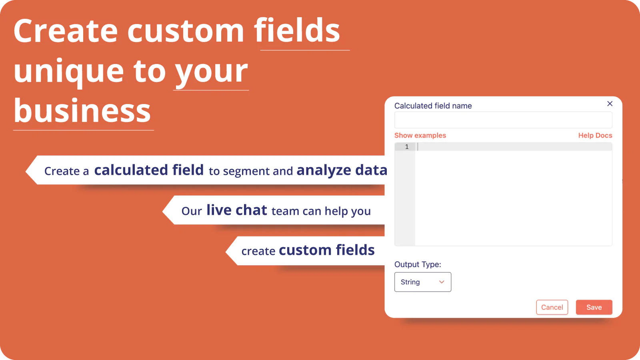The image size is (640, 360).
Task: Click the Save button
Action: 594,307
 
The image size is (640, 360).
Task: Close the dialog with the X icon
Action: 610,104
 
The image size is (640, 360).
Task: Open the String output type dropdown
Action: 422,282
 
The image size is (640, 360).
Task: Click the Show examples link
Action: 420,136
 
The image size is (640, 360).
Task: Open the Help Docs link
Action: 595,136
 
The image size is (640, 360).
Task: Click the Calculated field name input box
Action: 503,120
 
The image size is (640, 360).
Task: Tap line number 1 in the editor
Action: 407,146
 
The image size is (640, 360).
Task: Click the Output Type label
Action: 418,264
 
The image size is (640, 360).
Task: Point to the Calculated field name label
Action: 433,106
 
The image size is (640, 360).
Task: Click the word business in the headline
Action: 82,110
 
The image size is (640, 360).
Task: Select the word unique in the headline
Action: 69,72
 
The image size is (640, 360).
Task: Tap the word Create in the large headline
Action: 66,31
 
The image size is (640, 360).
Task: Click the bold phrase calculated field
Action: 149,170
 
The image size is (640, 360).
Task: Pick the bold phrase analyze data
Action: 342,170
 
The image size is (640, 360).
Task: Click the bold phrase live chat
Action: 236,210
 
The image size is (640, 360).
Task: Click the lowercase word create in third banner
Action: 258,251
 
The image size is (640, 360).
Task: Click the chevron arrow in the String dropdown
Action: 442,282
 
